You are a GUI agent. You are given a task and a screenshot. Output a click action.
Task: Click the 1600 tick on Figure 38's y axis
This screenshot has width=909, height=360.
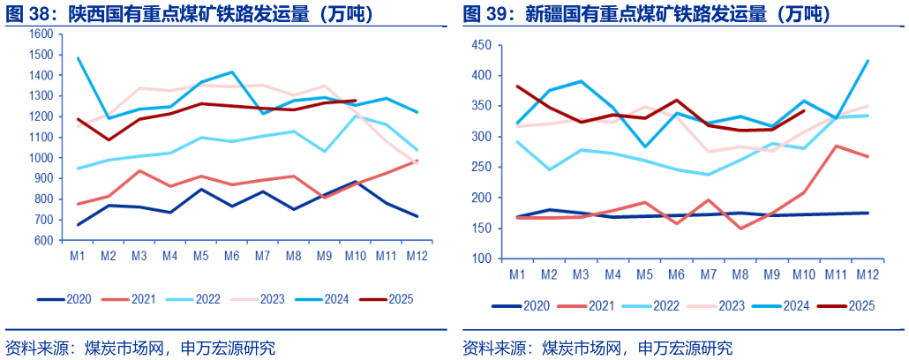[41, 34]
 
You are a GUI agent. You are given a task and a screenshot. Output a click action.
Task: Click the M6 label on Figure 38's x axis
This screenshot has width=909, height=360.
[233, 256]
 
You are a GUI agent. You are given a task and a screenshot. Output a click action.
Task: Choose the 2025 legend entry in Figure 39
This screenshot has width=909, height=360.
[846, 305]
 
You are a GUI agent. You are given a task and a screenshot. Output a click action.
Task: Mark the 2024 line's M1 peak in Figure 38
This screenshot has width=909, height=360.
[79, 58]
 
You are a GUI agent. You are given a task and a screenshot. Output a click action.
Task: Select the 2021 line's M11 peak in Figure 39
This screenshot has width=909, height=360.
[835, 146]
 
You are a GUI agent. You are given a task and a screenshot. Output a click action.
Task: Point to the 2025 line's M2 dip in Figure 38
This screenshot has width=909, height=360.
[109, 139]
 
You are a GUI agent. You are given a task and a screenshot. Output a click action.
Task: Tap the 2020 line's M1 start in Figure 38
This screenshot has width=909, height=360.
[79, 224]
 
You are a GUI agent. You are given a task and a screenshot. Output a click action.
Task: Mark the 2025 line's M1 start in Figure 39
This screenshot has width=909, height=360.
[518, 86]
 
